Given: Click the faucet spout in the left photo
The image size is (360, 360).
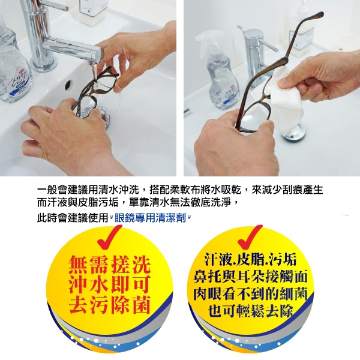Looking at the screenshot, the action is tap(73, 49).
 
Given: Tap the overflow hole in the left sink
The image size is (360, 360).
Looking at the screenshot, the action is tap(68, 85).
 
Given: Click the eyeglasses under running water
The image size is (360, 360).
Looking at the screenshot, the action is tap(94, 92).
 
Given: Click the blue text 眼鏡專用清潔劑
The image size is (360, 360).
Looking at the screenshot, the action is tap(150, 218).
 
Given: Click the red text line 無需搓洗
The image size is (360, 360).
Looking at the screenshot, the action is tap(110, 265).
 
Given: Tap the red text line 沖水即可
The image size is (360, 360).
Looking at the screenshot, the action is tap(110, 284).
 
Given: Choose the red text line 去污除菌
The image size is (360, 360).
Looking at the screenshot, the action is tap(110, 305).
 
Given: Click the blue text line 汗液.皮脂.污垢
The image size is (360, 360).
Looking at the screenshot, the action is tap(251, 259).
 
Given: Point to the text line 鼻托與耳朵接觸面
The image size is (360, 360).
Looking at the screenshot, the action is tap(250, 277).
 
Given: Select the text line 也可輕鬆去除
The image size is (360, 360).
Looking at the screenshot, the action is tap(251, 311).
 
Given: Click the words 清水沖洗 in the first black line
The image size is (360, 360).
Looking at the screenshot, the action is tap(119, 190).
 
